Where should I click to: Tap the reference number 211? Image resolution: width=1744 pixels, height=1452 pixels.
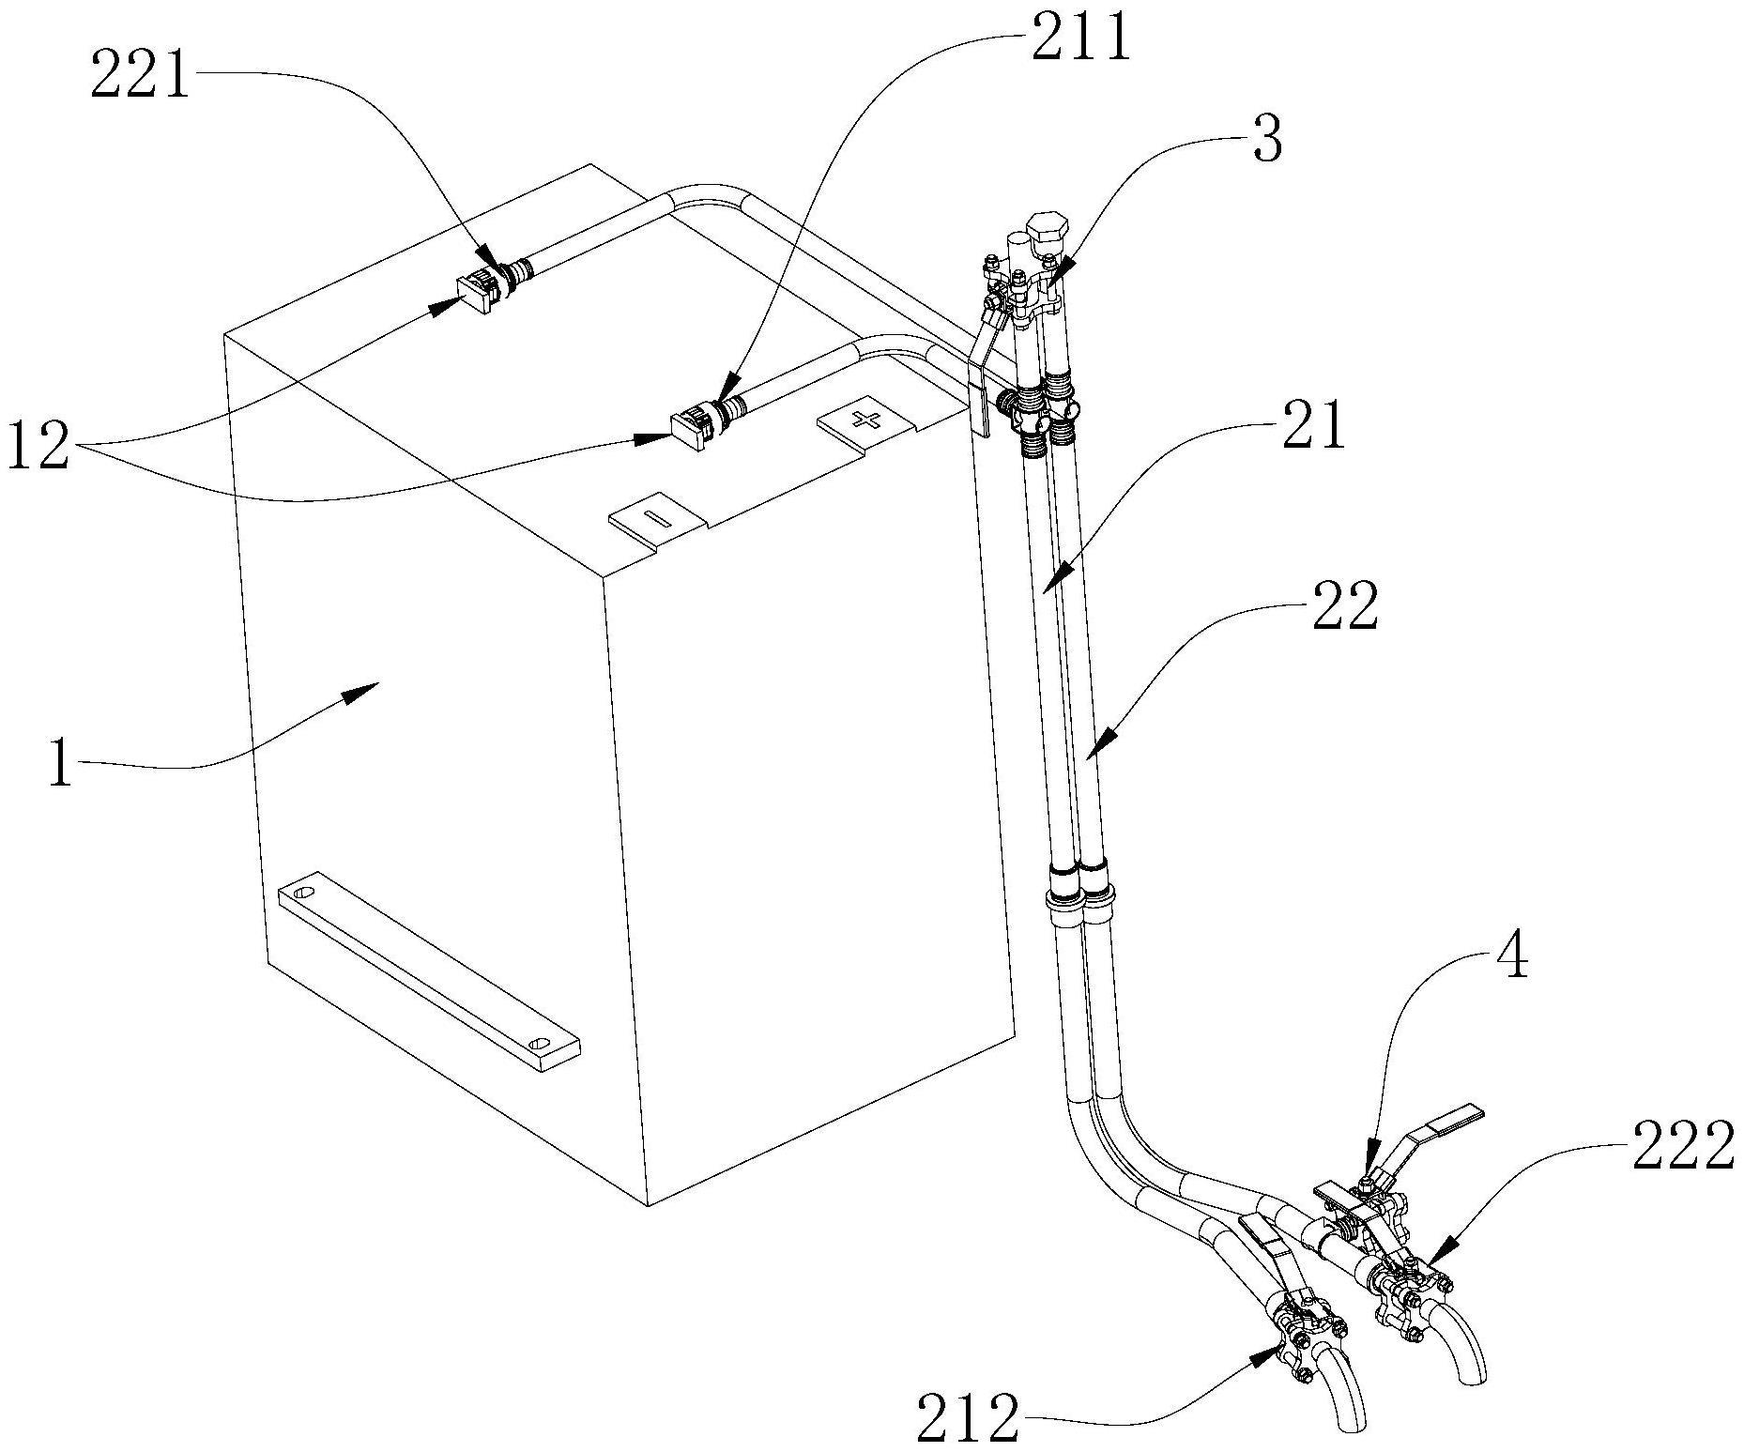pos(1081,41)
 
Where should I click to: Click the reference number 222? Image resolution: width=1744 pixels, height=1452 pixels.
pos(1682,1148)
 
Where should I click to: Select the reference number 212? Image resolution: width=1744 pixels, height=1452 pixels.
pos(969,1420)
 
